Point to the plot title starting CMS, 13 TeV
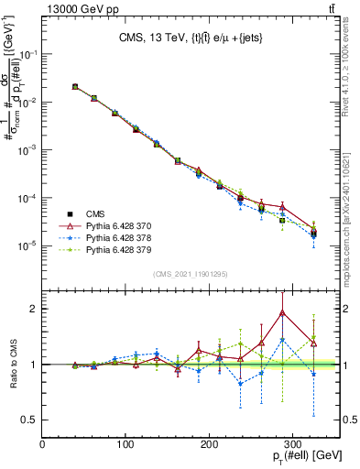[191, 38]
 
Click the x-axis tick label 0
[42, 444]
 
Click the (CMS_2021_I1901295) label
[191, 274]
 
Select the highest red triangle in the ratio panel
[282, 312]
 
